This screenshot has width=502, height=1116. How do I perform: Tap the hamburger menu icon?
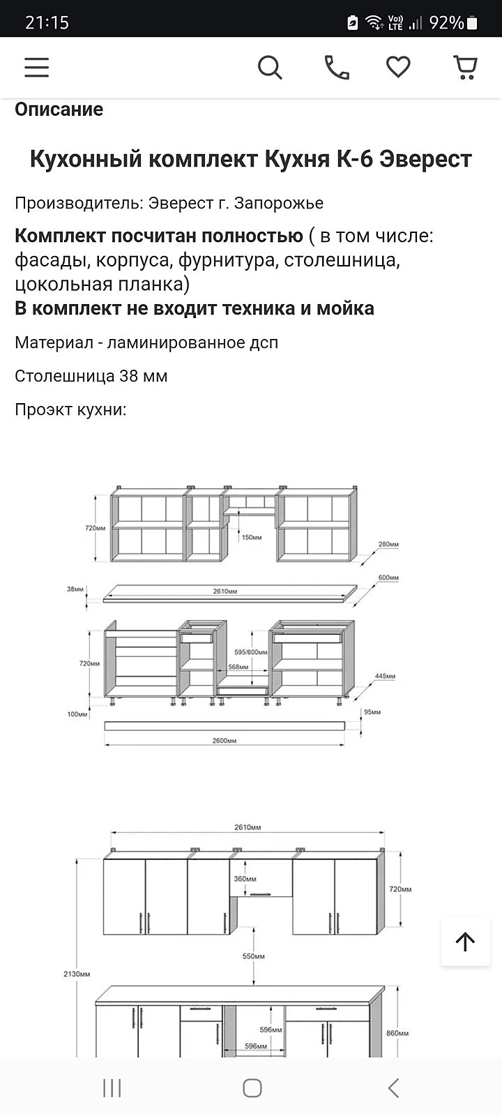pos(37,67)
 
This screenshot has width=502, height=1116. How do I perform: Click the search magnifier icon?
pos(270,68)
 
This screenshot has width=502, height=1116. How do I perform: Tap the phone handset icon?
pos(337,67)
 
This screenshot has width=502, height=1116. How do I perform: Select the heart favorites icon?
pos(398,67)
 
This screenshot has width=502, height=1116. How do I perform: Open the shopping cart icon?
pos(465,67)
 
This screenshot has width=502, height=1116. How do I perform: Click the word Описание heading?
pos(59,110)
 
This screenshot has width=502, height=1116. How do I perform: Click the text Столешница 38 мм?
pos(91,376)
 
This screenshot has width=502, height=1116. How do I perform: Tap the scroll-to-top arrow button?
pos(465,942)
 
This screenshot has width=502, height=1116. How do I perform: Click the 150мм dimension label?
pos(252,537)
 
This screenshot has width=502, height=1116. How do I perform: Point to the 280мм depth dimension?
pos(388,544)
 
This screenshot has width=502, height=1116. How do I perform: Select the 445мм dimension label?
pos(385,676)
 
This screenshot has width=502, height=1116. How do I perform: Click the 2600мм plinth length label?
pos(225,741)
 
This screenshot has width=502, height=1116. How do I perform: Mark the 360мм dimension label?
pos(245,879)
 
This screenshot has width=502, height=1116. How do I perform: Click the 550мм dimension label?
pos(253,956)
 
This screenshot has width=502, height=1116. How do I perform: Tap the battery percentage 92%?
pos(446,23)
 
